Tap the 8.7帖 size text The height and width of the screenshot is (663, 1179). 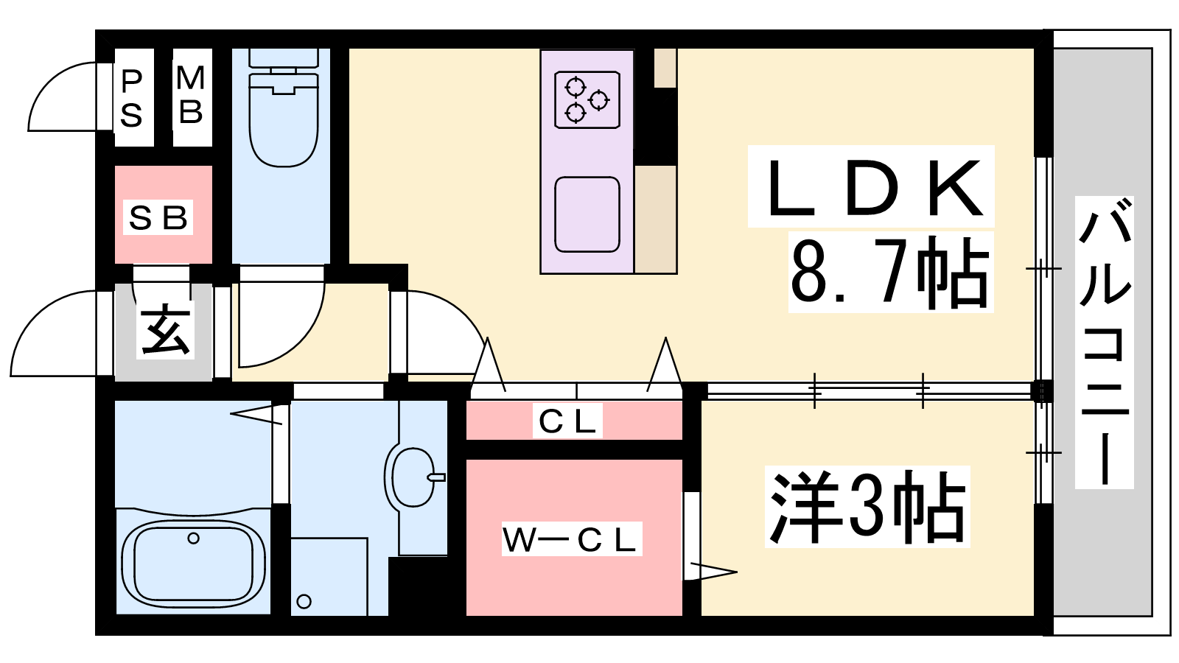pyautogui.click(x=890, y=273)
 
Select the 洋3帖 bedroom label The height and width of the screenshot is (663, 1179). pyautogui.click(x=867, y=506)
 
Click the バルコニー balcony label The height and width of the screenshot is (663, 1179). pyautogui.click(x=1105, y=343)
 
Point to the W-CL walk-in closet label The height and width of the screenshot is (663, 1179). pyautogui.click(x=572, y=539)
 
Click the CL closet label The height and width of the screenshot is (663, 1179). pyautogui.click(x=567, y=421)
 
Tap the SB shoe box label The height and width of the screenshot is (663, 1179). pyautogui.click(x=158, y=217)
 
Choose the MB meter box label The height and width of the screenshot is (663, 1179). pyautogui.click(x=191, y=95)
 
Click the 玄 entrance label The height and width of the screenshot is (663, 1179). pyautogui.click(x=165, y=330)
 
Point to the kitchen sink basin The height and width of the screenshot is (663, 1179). pyautogui.click(x=587, y=214)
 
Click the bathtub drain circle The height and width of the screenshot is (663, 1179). pyautogui.click(x=193, y=539)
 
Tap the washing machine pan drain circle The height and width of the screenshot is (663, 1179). pyautogui.click(x=304, y=601)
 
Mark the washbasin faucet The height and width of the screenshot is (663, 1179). pyautogui.click(x=436, y=478)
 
